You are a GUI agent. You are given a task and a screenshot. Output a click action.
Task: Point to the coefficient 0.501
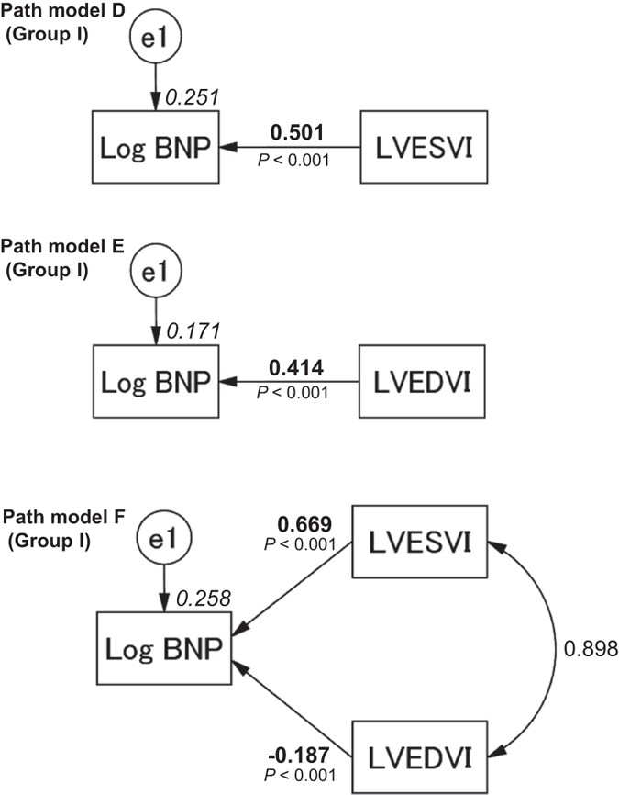tap(293, 131)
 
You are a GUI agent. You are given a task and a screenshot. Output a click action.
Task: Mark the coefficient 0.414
tap(293, 365)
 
